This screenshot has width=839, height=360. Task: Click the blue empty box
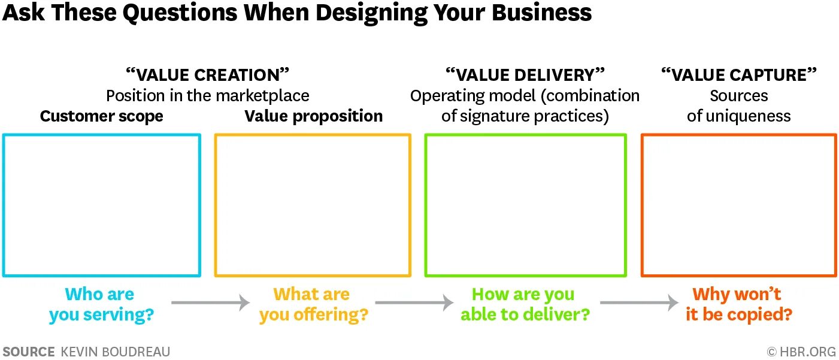(x=101, y=205)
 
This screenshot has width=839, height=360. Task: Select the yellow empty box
(x=313, y=205)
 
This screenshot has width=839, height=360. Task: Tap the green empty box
(x=525, y=205)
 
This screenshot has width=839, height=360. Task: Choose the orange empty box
(x=738, y=205)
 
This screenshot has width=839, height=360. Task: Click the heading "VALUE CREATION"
(x=207, y=75)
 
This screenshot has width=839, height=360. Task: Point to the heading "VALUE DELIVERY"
(x=525, y=75)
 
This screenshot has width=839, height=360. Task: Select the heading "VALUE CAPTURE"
(x=738, y=75)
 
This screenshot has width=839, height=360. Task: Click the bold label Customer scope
(x=101, y=116)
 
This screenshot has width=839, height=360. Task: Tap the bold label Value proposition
(x=313, y=116)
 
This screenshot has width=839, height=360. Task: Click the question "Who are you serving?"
(x=101, y=304)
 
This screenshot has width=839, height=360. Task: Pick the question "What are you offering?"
(x=313, y=304)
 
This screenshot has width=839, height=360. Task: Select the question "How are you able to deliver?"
(x=525, y=304)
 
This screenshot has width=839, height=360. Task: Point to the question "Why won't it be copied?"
(x=738, y=304)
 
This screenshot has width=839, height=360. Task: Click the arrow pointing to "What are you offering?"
(x=210, y=302)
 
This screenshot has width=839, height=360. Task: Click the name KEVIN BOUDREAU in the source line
(x=115, y=352)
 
